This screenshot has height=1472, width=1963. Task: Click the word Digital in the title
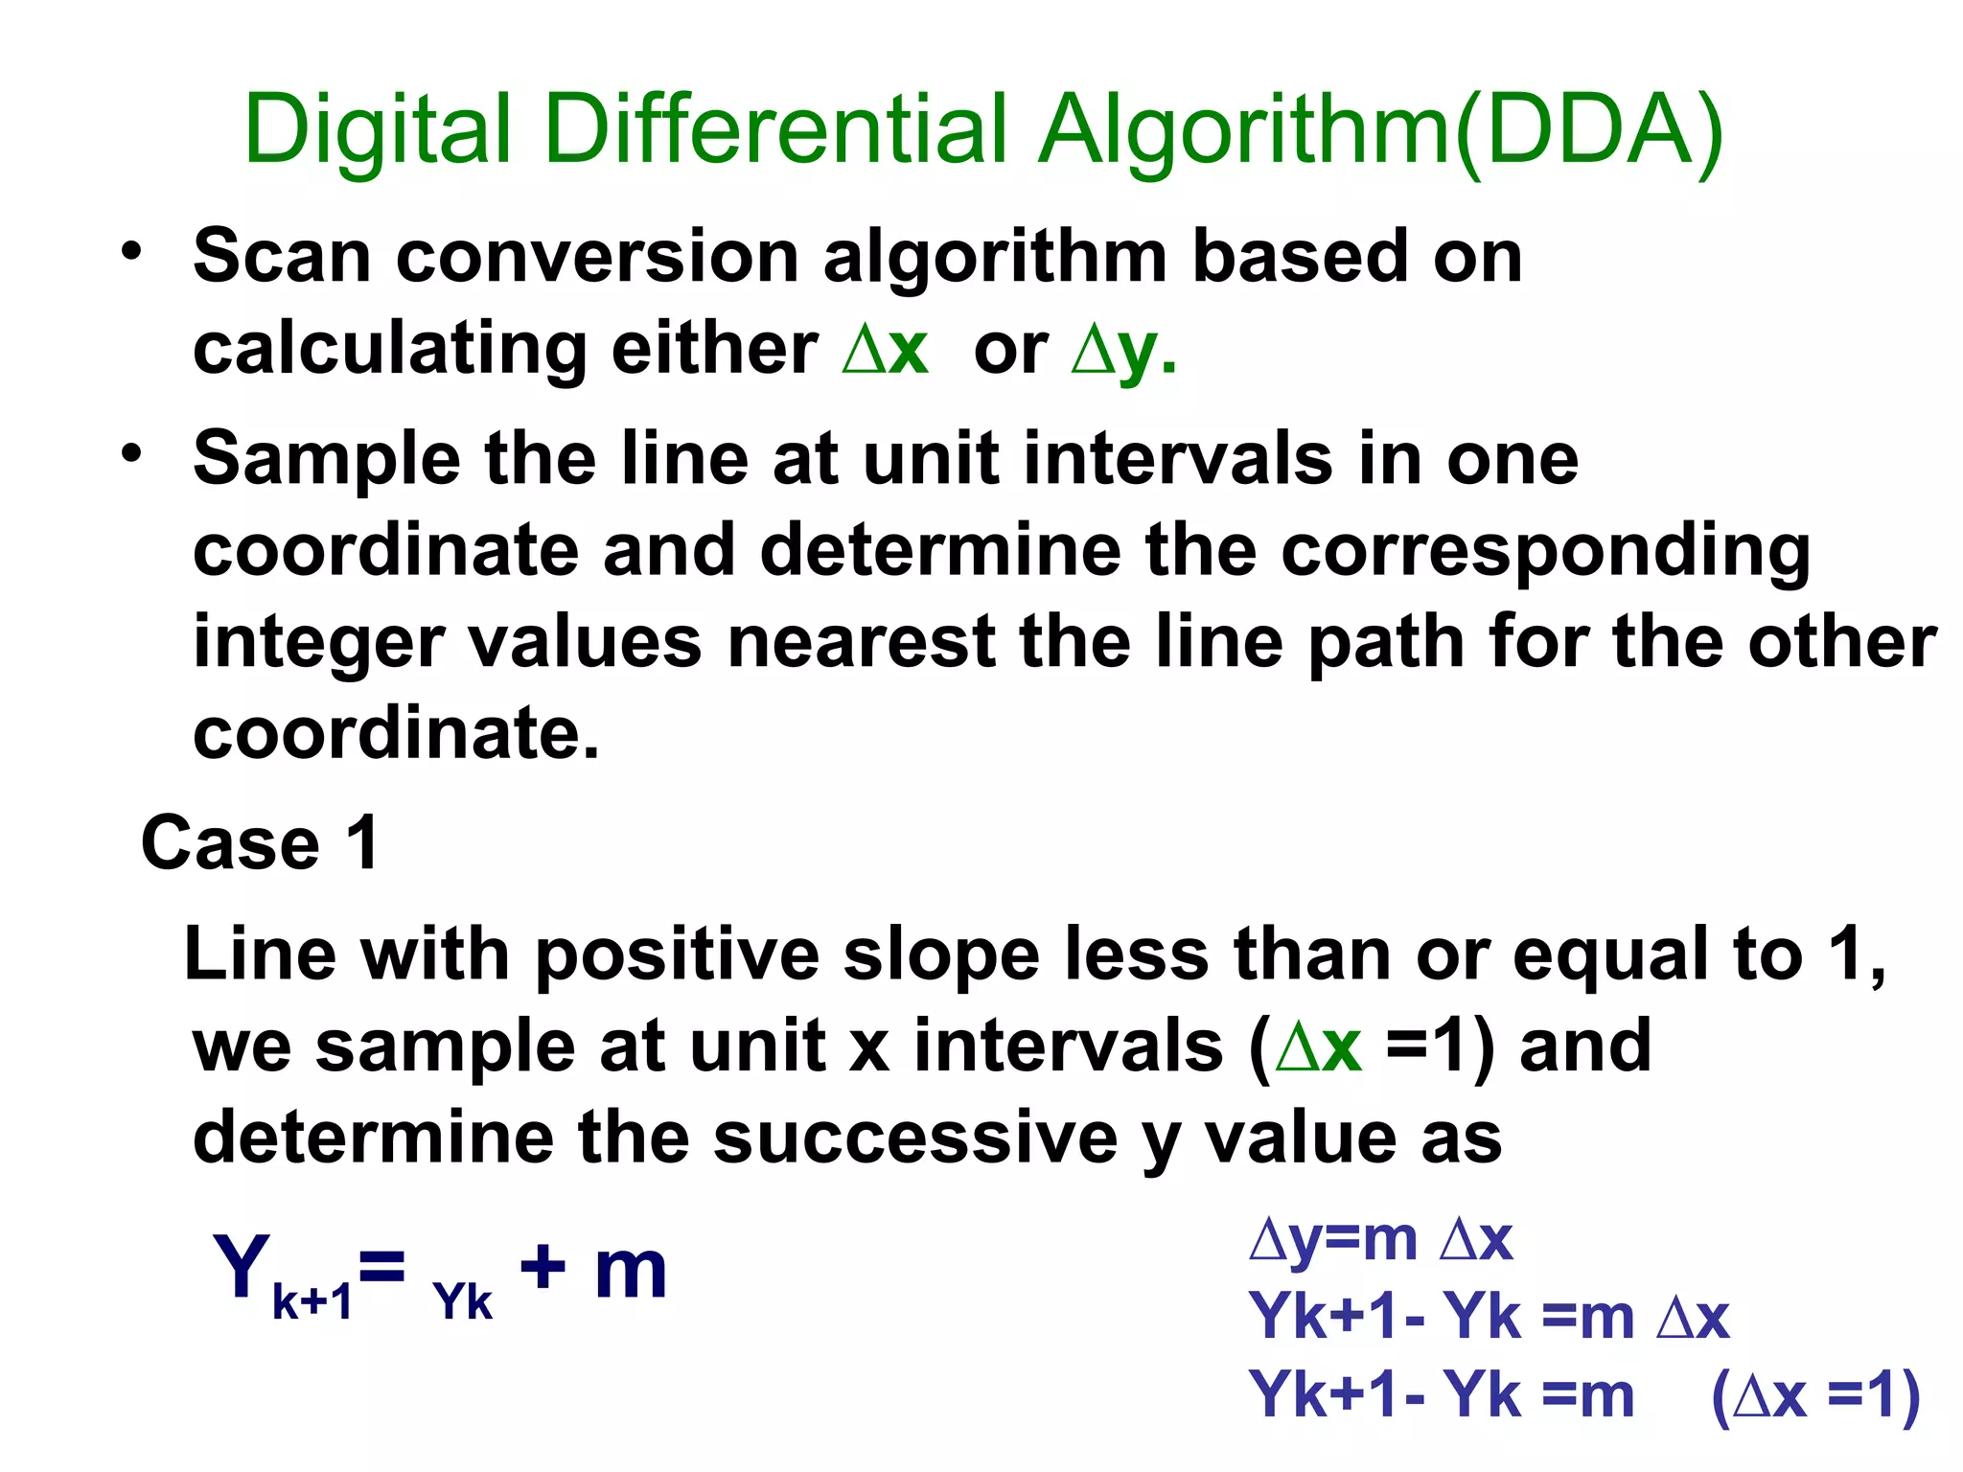point(377,132)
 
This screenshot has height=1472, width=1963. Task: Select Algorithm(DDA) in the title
point(1380,132)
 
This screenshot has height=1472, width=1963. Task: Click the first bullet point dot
point(131,251)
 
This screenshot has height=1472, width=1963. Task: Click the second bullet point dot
point(131,453)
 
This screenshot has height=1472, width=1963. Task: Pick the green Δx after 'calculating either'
point(885,350)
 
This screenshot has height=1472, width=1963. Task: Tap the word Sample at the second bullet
point(327,459)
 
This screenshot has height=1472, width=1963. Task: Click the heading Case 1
point(260,843)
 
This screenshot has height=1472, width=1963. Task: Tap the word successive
point(915,1138)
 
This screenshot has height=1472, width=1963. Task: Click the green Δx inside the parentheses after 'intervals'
point(1319,1046)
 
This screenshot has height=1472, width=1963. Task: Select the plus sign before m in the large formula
point(543,1268)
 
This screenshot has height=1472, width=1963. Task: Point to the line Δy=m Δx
point(1381,1239)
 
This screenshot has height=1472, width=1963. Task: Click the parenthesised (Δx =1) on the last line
point(1815,1395)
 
